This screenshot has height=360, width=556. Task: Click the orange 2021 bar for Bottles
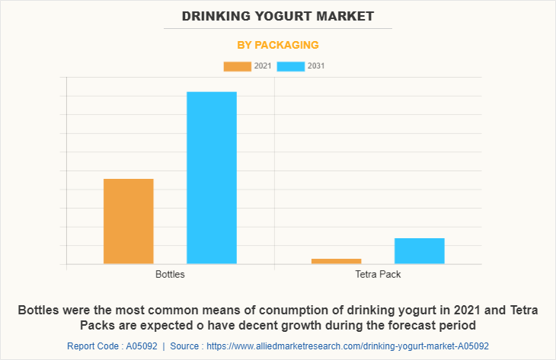(x=129, y=221)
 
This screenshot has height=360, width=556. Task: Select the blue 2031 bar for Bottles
(x=212, y=177)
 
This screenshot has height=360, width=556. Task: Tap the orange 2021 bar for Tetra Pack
(x=336, y=261)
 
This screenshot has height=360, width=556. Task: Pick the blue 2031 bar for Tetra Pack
(x=419, y=250)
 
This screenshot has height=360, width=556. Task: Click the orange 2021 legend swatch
(x=237, y=66)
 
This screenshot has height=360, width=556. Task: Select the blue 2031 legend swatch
(x=290, y=66)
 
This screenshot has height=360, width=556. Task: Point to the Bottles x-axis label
(x=170, y=274)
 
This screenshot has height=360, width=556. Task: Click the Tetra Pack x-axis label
(x=378, y=274)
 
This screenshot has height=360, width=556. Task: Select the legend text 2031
(x=316, y=66)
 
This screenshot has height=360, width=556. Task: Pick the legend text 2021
(x=263, y=66)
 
